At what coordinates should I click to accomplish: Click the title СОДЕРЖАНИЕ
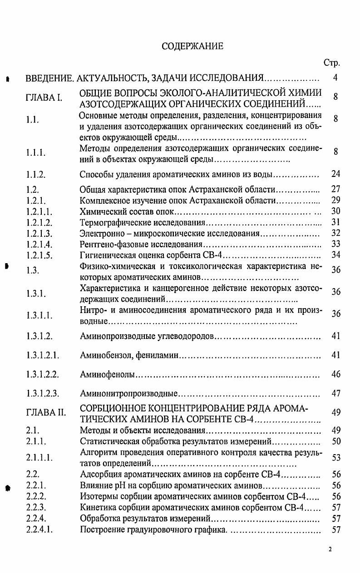pyautogui.click(x=193, y=46)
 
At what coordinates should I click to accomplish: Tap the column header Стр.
pyautogui.click(x=331, y=63)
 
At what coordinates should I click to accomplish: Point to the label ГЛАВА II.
pyautogui.click(x=46, y=413)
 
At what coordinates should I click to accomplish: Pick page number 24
pyautogui.click(x=335, y=174)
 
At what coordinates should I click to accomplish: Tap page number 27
pyautogui.click(x=335, y=189)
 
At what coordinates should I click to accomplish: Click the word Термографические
pyautogui.click(x=111, y=222)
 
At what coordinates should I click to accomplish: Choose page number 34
pyautogui.click(x=335, y=255)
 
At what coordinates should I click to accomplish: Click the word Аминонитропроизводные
pyautogui.click(x=128, y=394)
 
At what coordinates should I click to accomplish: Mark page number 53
pyautogui.click(x=335, y=458)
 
